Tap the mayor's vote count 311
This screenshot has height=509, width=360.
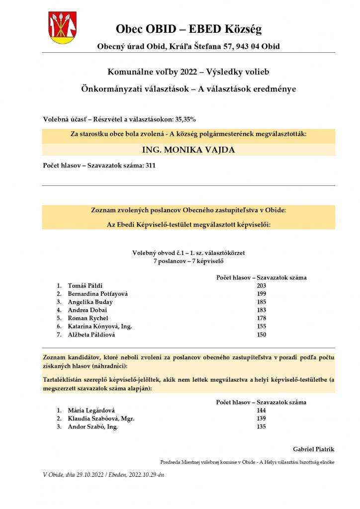150,166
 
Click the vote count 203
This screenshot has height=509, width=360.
262,286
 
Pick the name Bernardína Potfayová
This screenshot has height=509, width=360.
97,294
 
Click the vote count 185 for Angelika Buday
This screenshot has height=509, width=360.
262,302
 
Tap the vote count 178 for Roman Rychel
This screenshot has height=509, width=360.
262,318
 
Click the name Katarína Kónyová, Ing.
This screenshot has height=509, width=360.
99,327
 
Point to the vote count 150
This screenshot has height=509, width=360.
262,335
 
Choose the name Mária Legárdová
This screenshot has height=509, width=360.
91,410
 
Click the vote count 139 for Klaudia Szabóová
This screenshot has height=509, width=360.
262,419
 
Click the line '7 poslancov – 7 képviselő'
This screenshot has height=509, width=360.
188,261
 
